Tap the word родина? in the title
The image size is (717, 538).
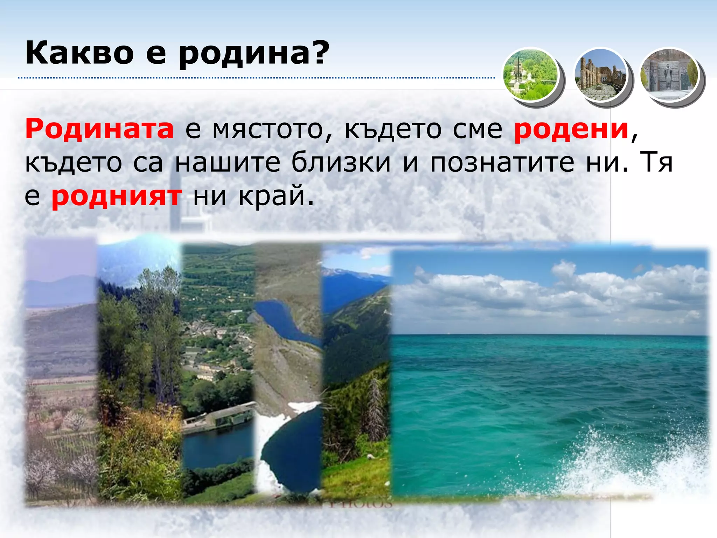(254, 53)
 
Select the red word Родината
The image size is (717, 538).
(99, 129)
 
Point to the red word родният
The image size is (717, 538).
(117, 196)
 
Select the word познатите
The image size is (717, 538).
(502, 163)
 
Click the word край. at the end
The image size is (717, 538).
(276, 196)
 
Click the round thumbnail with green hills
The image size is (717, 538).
(530, 75)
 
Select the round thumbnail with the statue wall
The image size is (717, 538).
(669, 75)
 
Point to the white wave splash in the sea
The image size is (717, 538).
(630, 462)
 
